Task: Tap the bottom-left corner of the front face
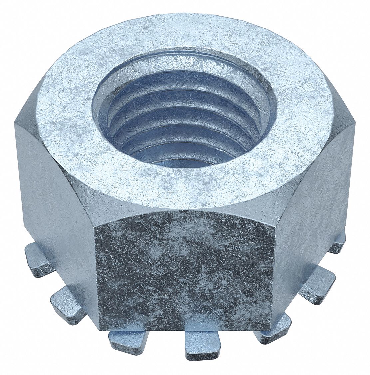[97, 328]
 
